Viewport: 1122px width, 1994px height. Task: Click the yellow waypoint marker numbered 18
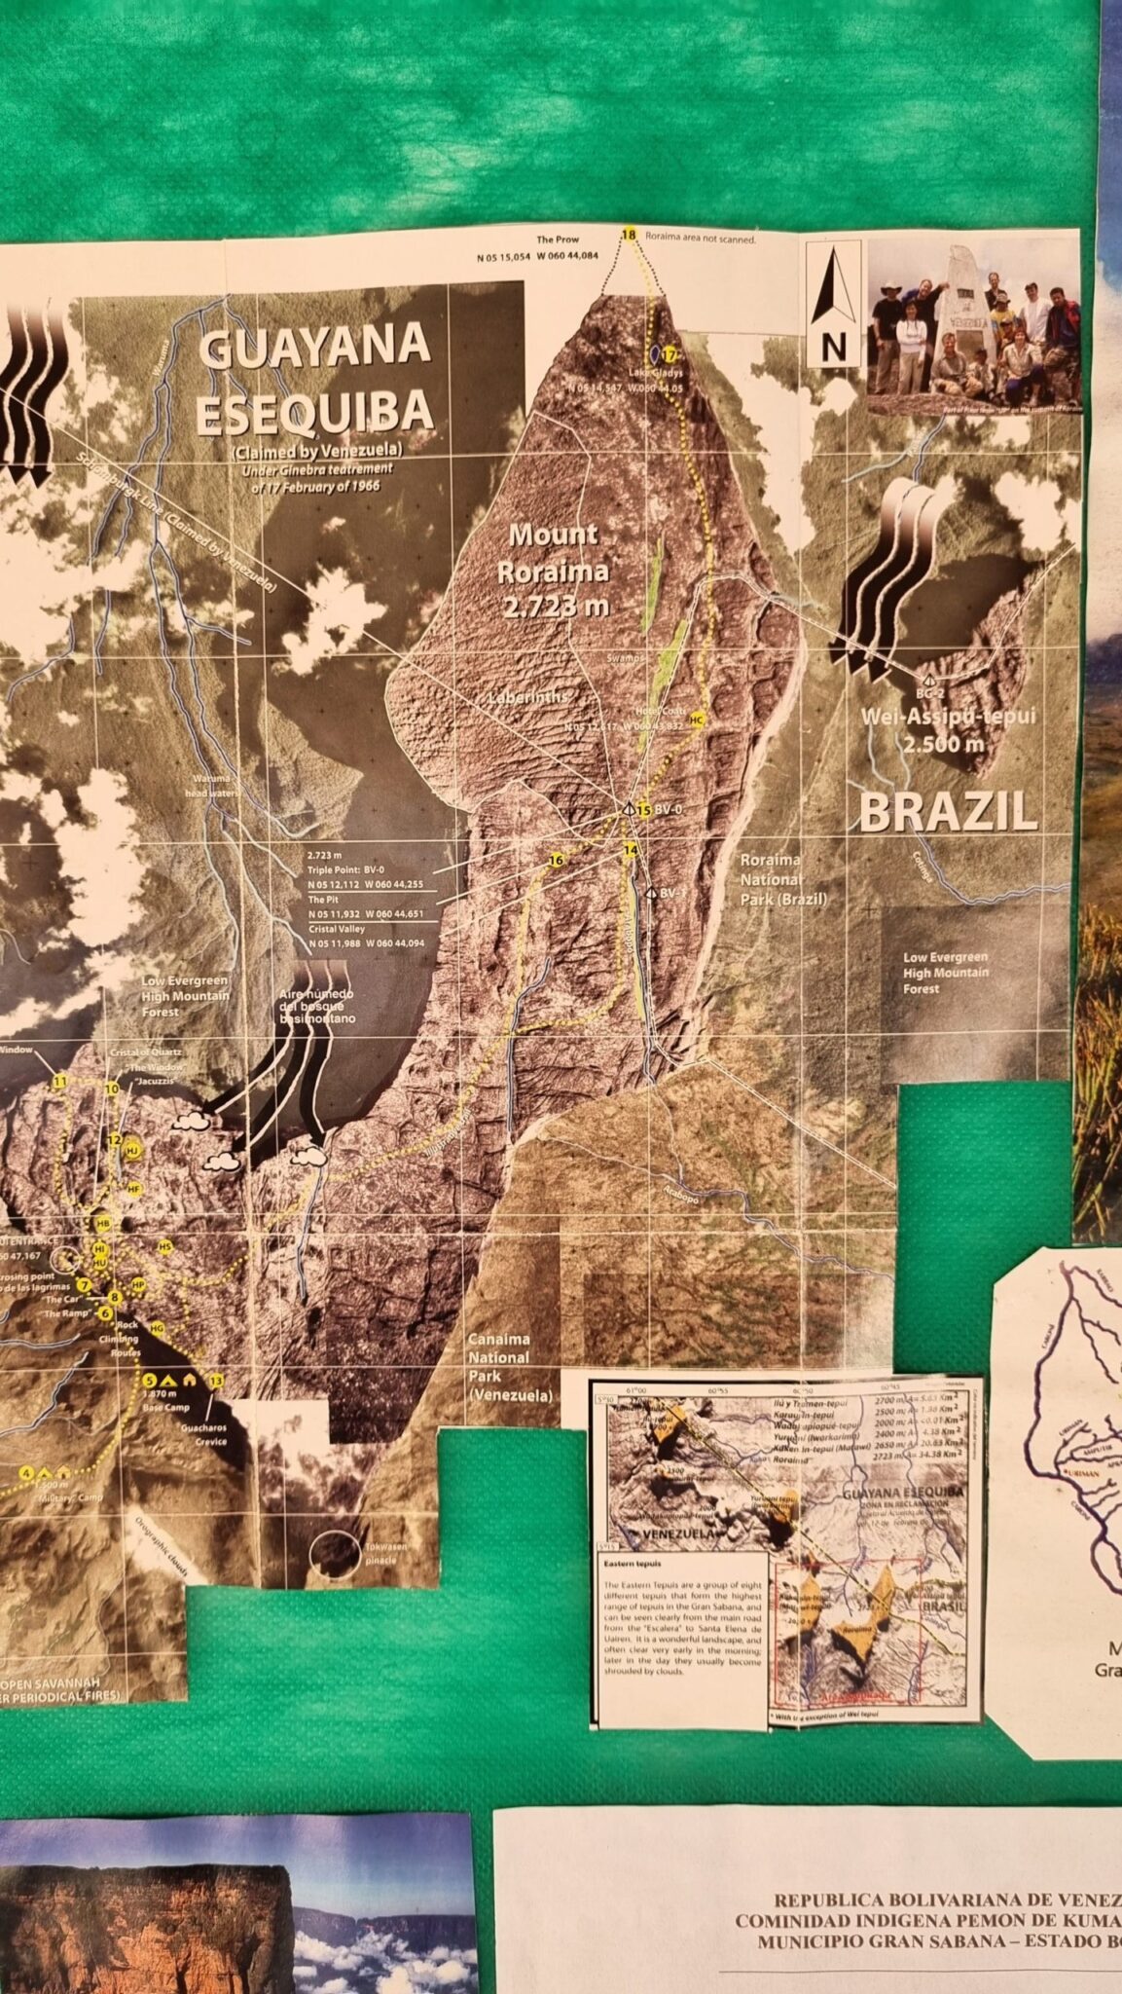pyautogui.click(x=629, y=235)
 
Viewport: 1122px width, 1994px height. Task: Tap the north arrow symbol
pyautogui.click(x=832, y=303)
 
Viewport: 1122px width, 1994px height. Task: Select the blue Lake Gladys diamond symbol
pyautogui.click(x=656, y=351)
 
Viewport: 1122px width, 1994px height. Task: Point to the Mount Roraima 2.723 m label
pyautogui.click(x=554, y=570)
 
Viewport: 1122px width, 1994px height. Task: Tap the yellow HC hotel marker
pyautogui.click(x=696, y=719)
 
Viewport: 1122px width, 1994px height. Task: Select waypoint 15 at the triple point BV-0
pyautogui.click(x=643, y=809)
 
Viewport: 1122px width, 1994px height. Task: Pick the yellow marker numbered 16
pyautogui.click(x=556, y=860)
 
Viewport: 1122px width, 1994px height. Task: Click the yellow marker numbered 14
pyautogui.click(x=632, y=850)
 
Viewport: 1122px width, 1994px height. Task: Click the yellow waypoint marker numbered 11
pyautogui.click(x=60, y=1081)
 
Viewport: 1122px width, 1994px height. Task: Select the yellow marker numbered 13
pyautogui.click(x=216, y=1380)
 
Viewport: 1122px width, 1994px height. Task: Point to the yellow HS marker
pyautogui.click(x=164, y=1246)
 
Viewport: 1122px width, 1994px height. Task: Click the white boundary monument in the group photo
pyautogui.click(x=963, y=302)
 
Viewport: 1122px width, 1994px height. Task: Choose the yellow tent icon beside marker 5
pyautogui.click(x=168, y=1380)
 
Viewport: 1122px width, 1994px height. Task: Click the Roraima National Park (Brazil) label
pyautogui.click(x=783, y=879)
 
